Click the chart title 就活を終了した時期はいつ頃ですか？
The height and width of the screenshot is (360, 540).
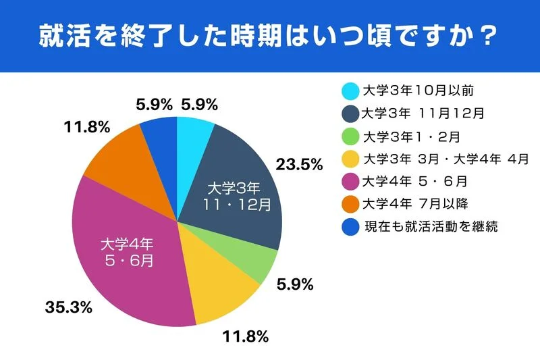point(270,35)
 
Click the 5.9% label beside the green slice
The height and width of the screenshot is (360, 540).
point(296,284)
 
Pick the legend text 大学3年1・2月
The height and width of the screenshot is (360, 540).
point(411,136)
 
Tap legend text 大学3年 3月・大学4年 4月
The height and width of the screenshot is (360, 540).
point(446,159)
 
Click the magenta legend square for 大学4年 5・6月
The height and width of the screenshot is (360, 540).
point(350,182)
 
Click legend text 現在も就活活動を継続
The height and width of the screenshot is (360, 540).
point(430,226)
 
